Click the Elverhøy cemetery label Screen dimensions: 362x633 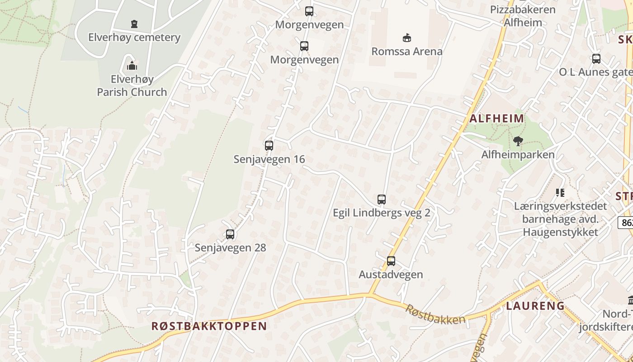[x=134, y=37]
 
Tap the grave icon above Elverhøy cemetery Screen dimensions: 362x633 [x=134, y=24]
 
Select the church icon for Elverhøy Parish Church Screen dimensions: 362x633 [x=132, y=66]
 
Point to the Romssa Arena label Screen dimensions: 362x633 [x=407, y=51]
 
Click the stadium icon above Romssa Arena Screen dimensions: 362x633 [x=407, y=38]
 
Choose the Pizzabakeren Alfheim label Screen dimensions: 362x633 [x=523, y=16]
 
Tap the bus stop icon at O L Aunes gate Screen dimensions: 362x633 [x=596, y=58]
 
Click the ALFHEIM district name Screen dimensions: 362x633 [x=497, y=119]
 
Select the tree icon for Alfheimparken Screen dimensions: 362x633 [x=518, y=141]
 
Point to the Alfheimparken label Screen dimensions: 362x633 [x=518, y=155]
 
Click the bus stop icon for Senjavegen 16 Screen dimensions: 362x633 [x=269, y=146]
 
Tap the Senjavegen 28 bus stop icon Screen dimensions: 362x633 [x=230, y=234]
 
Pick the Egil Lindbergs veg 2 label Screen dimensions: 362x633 [x=382, y=213]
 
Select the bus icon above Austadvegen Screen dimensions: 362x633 [x=391, y=261]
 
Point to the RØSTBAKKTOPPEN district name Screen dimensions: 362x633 [x=209, y=326]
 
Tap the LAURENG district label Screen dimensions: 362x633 [x=535, y=306]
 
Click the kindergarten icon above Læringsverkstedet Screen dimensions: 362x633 [x=561, y=193]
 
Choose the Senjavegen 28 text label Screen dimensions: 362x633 [x=230, y=248]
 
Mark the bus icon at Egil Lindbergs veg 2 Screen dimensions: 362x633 [x=382, y=200]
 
